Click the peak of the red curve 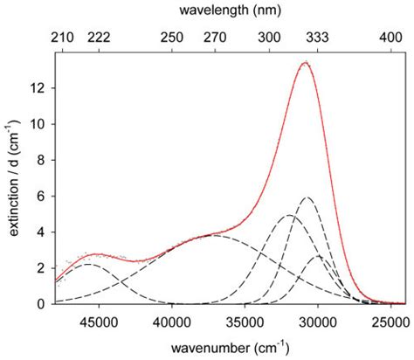click(305, 63)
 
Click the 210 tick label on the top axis click(63, 38)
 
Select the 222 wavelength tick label click(99, 38)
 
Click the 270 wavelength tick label click(215, 38)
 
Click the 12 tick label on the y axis click(40, 88)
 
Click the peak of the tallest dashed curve click(307, 197)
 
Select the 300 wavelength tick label click(270, 38)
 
